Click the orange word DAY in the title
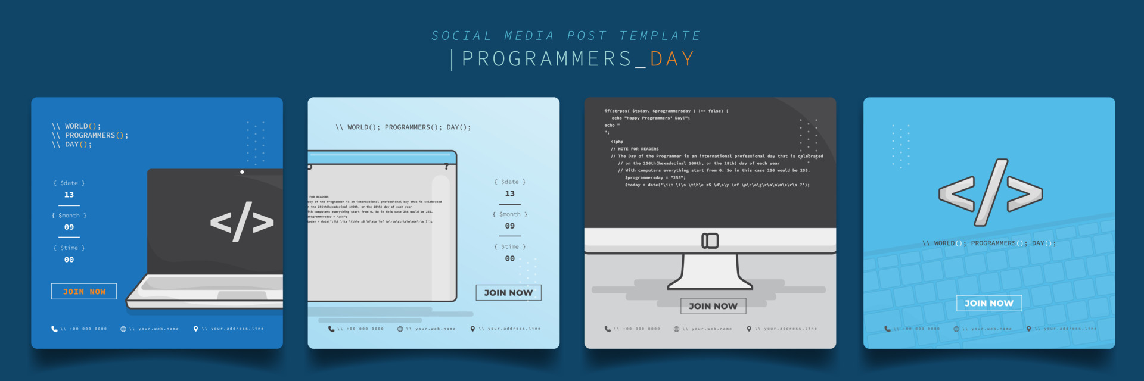pyautogui.click(x=672, y=59)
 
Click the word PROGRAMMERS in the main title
pyautogui.click(x=546, y=59)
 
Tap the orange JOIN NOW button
pyautogui.click(x=84, y=292)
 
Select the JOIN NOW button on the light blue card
pyautogui.click(x=508, y=293)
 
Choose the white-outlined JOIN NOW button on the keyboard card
pyautogui.click(x=989, y=303)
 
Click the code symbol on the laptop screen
pyautogui.click(x=242, y=222)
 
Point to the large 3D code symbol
pyautogui.click(x=990, y=192)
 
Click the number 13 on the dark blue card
pyautogui.click(x=69, y=195)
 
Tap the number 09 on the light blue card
pyautogui.click(x=510, y=226)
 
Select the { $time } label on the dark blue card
pyautogui.click(x=69, y=248)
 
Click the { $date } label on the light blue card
pyautogui.click(x=510, y=182)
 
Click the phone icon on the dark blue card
pyautogui.click(x=54, y=329)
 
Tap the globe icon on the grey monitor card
pyautogui.click(x=676, y=329)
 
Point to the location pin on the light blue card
pyautogui.click(x=472, y=329)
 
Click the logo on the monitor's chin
pyautogui.click(x=710, y=241)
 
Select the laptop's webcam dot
pyautogui.click(x=242, y=172)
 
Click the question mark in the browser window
pyautogui.click(x=446, y=167)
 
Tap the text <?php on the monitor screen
pyautogui.click(x=617, y=142)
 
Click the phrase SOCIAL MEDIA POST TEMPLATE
pyautogui.click(x=566, y=36)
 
